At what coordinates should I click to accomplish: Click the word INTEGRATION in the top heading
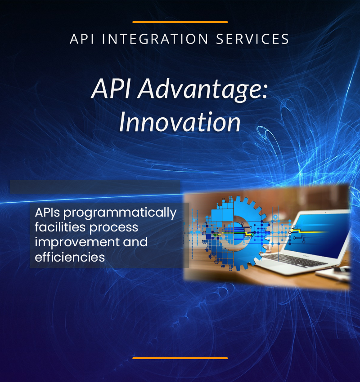click(x=155, y=39)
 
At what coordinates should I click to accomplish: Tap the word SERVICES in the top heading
click(x=253, y=39)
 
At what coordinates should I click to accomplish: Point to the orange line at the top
click(x=180, y=22)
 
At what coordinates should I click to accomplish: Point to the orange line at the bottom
click(x=180, y=358)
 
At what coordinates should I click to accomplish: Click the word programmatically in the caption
click(x=120, y=213)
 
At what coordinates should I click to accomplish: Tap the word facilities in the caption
click(x=60, y=227)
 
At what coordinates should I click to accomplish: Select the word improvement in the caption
click(x=77, y=242)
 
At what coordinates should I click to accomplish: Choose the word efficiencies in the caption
click(x=70, y=257)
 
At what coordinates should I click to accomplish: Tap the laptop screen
click(x=317, y=234)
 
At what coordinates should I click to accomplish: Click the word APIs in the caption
click(x=47, y=213)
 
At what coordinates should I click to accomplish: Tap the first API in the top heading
click(x=82, y=39)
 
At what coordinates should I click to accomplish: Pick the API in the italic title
click(x=111, y=88)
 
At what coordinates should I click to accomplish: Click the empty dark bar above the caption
click(x=95, y=187)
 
